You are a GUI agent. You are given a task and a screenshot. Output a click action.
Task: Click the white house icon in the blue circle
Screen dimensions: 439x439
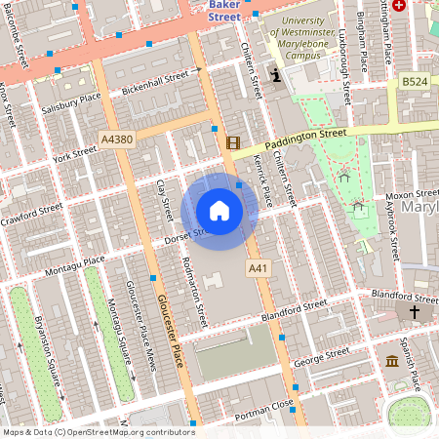tap(219, 211)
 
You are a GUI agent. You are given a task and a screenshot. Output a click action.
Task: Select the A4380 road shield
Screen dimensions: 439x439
tap(116, 140)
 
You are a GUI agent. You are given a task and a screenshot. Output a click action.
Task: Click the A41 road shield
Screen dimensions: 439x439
tap(258, 267)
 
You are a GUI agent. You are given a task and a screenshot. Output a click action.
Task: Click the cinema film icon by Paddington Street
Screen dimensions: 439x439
tap(232, 142)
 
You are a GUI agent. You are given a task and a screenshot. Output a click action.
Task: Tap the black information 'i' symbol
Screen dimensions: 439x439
tap(277, 75)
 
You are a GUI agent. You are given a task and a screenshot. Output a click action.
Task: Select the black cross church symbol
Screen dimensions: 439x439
tap(414, 312)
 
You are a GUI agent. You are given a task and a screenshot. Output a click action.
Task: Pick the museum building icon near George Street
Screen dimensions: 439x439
tap(391, 361)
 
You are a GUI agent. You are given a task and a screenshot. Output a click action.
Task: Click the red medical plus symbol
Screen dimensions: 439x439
tap(425, 6)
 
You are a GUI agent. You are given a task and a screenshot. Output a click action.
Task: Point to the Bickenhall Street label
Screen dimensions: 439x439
tap(155, 83)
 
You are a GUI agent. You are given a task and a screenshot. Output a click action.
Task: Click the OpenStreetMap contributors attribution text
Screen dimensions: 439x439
tap(98, 431)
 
